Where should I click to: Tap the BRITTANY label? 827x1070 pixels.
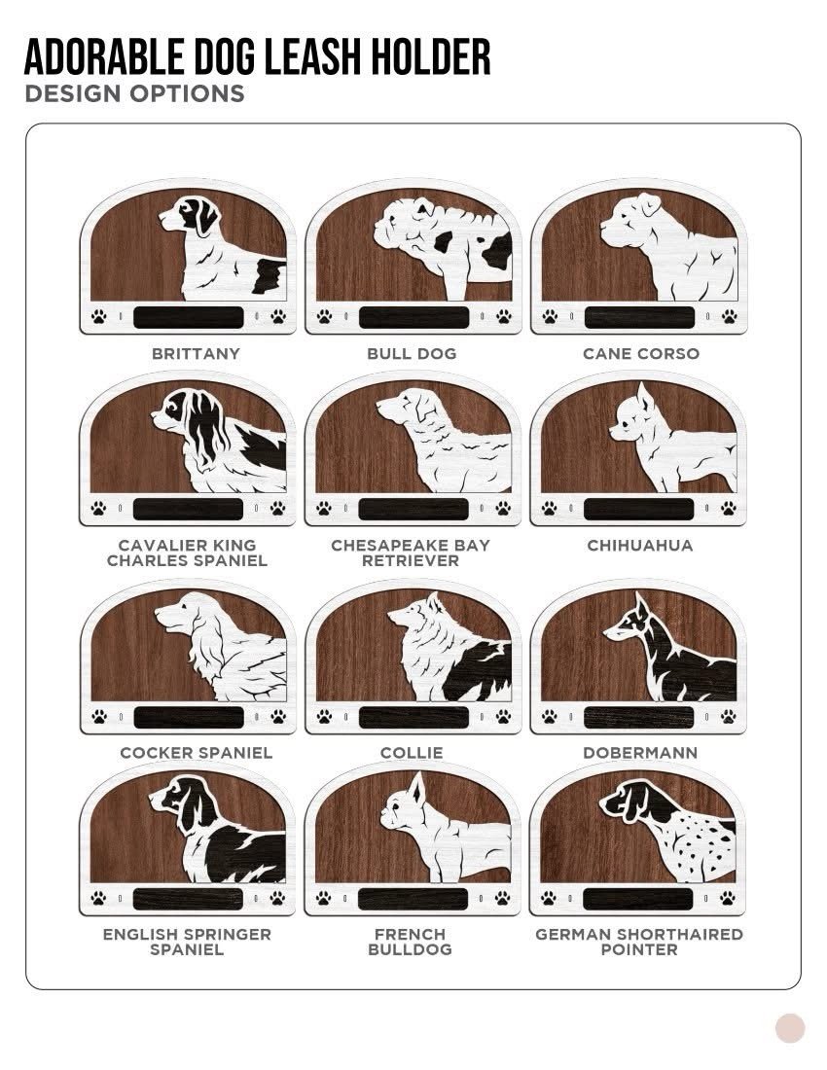click(x=196, y=353)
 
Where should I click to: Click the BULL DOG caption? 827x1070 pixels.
click(x=412, y=353)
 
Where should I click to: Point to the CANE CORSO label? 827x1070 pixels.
click(x=641, y=353)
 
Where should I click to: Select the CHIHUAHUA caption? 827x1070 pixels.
click(x=639, y=546)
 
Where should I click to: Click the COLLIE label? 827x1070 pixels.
click(x=412, y=753)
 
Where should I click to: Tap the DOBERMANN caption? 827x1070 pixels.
click(x=640, y=753)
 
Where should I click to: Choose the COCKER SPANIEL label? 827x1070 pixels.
click(x=196, y=753)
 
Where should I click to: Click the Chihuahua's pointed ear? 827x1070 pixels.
click(x=643, y=396)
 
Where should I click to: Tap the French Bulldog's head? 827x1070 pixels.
click(x=403, y=802)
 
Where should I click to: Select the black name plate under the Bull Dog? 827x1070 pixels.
click(x=413, y=317)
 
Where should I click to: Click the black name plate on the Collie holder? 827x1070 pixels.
click(x=413, y=717)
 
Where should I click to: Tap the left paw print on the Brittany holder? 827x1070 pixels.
click(x=99, y=317)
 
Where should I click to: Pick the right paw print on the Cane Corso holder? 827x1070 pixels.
click(x=730, y=317)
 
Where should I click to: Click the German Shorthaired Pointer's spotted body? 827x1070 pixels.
click(x=696, y=846)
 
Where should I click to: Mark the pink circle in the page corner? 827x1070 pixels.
click(x=790, y=1028)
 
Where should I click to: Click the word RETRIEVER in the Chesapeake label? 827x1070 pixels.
click(x=410, y=561)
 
